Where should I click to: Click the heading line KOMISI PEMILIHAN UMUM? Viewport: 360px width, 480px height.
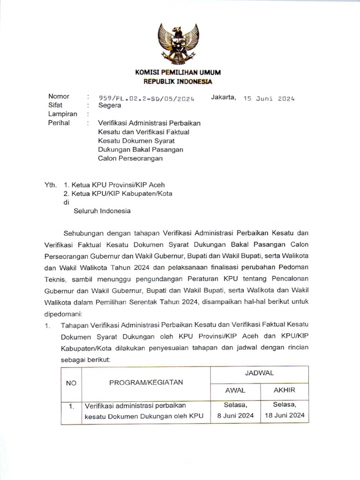178,73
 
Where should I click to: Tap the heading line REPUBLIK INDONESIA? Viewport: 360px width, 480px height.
178,81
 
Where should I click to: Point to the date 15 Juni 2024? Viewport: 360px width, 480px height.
269,98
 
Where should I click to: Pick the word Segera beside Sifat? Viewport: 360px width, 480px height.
109,105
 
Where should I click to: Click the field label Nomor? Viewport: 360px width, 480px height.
59,97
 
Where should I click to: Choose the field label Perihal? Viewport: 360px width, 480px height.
59,123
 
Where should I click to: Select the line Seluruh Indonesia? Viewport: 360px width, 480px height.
102,211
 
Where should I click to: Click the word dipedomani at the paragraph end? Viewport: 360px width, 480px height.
63,312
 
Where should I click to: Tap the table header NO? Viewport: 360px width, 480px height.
71,382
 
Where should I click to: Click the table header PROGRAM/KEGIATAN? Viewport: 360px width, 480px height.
146,382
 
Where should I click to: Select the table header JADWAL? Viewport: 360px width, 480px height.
259,373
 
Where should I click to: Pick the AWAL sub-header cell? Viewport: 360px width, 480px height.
235,390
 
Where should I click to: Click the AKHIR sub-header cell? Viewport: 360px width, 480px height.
284,390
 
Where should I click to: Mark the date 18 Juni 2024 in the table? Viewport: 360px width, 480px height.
284,415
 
